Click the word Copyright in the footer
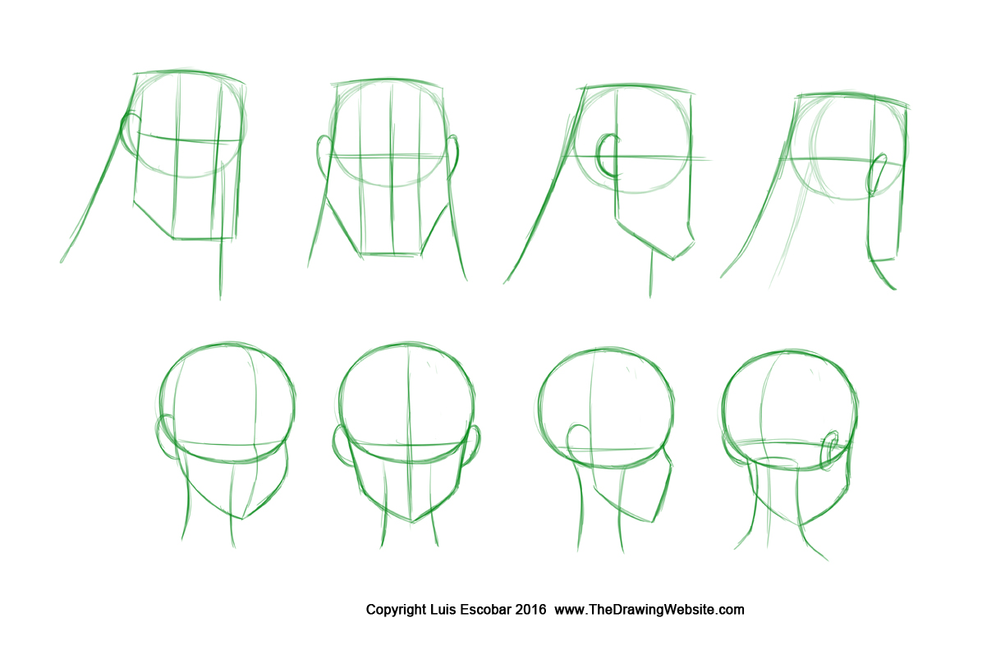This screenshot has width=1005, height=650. pos(396,610)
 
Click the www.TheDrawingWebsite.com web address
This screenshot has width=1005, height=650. pos(649,610)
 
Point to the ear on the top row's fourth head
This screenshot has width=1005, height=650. pos(877,174)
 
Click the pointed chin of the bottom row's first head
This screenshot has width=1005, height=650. pos(242,519)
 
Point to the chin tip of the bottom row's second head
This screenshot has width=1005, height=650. pos(412,523)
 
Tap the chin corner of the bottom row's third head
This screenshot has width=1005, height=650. pos(652,522)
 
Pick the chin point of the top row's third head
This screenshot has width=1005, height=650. pos(673,259)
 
